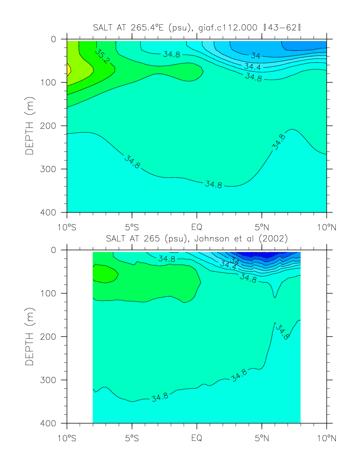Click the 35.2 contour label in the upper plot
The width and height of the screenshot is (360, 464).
click(x=102, y=55)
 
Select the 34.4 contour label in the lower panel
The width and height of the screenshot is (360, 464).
click(x=227, y=265)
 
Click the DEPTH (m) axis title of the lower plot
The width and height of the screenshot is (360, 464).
click(x=29, y=336)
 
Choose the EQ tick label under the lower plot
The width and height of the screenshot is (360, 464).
click(x=197, y=439)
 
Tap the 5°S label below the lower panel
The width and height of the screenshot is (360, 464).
click(x=132, y=439)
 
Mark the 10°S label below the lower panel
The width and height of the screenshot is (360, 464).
click(x=67, y=439)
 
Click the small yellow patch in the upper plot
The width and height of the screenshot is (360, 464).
click(x=68, y=69)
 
